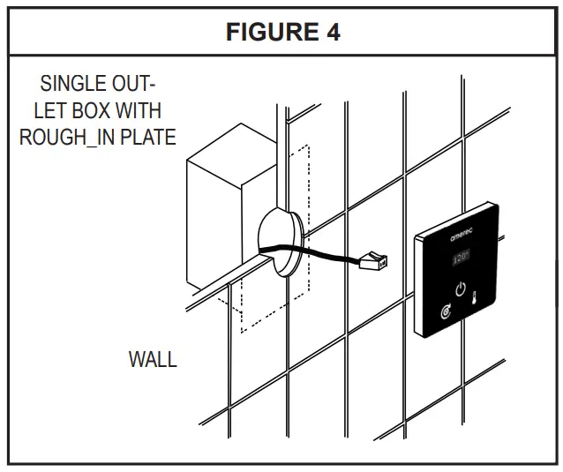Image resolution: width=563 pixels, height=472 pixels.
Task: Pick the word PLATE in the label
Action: click(x=149, y=138)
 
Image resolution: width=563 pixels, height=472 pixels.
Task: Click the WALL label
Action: click(x=153, y=360)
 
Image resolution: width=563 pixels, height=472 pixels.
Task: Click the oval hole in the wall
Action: click(x=279, y=242)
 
